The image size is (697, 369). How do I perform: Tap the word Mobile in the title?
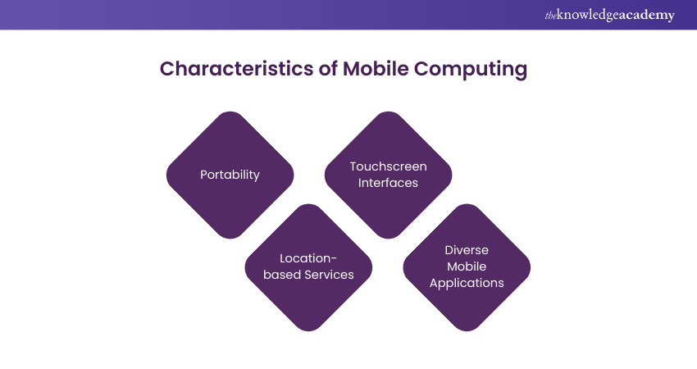click(x=375, y=69)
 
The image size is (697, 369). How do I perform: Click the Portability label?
click(x=230, y=175)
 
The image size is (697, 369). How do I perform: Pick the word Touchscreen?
click(x=389, y=166)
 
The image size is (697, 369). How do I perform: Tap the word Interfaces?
click(x=389, y=183)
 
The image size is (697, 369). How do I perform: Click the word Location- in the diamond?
click(x=308, y=257)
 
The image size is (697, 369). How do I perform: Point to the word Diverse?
click(x=467, y=249)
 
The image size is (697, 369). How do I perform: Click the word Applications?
click(x=467, y=284)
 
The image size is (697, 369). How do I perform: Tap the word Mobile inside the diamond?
click(x=467, y=266)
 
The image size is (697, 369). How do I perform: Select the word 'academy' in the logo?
click(x=648, y=16)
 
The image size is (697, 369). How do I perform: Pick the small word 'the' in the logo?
click(x=550, y=15)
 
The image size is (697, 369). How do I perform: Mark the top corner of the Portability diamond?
click(x=230, y=112)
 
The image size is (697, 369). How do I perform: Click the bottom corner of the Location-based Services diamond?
click(x=308, y=330)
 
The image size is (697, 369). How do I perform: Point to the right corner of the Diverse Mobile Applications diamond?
click(x=530, y=267)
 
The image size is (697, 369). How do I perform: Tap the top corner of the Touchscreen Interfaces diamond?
click(x=389, y=112)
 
